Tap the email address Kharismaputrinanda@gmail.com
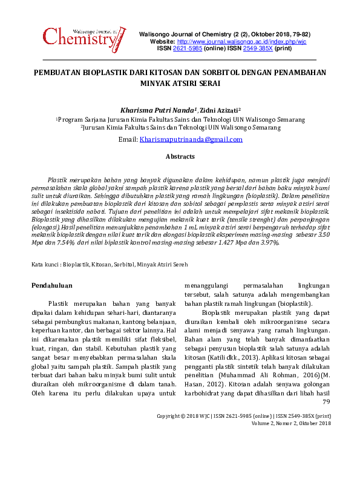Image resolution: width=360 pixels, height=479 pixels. pyautogui.click(x=191, y=139)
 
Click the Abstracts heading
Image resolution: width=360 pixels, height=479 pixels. pyautogui.click(x=180, y=157)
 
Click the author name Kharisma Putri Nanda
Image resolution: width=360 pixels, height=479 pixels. pyautogui.click(x=159, y=110)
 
